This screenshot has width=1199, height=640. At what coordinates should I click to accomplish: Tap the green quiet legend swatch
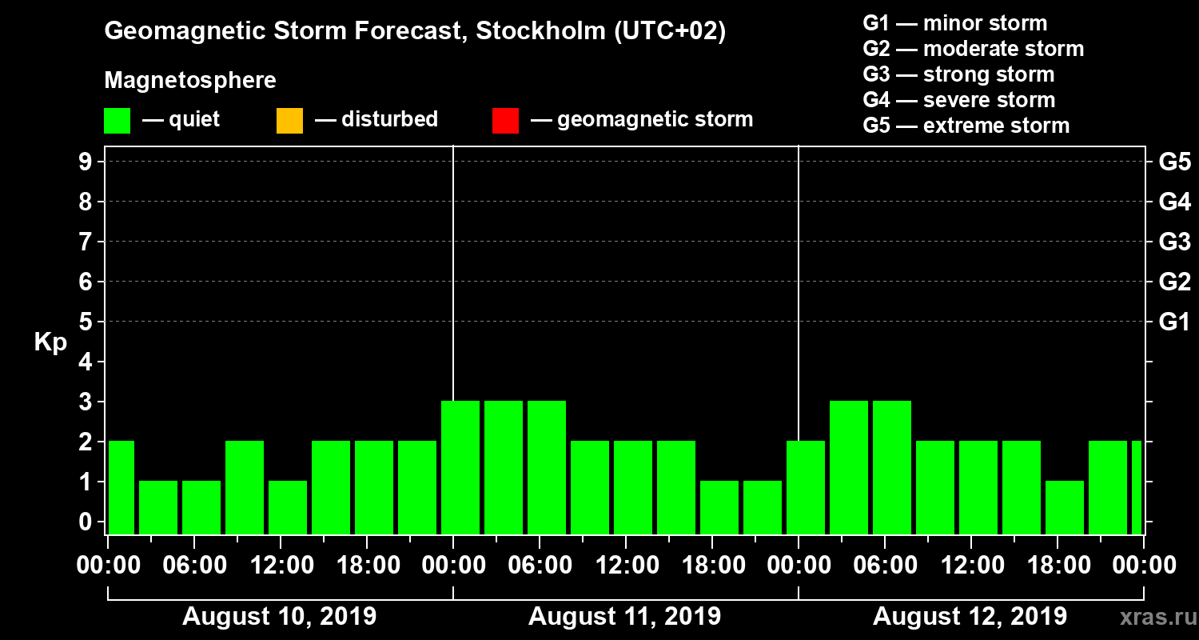point(117,121)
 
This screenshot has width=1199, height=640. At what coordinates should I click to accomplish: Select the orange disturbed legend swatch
point(289,121)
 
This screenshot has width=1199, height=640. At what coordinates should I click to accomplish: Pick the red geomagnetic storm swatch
point(505,121)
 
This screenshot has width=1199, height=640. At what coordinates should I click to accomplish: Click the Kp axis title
point(50,342)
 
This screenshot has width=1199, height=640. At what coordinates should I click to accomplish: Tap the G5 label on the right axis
point(1174,162)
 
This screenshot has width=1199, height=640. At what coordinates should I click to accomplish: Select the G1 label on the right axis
point(1174,322)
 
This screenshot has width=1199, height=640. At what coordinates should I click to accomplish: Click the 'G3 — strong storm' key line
point(958,74)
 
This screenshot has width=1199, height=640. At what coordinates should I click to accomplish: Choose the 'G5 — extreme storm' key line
point(966,126)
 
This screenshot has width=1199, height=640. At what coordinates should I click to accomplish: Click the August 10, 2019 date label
point(280,617)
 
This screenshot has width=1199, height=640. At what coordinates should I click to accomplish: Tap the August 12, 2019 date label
point(970,617)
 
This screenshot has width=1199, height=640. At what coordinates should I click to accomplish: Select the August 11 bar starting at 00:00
point(460,467)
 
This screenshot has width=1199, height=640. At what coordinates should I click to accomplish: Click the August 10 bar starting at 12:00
point(288,507)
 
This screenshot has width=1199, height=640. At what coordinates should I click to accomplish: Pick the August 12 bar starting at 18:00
point(1065,507)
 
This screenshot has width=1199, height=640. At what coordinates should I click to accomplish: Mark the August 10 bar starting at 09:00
point(245,487)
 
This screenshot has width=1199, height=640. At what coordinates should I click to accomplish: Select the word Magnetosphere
point(190,81)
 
